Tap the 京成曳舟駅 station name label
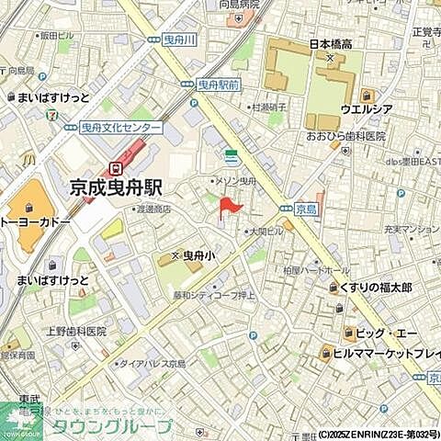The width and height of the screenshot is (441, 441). pos(116,187)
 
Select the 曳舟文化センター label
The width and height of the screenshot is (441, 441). pos(121,128)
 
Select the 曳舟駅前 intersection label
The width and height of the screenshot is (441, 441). pos(217,84)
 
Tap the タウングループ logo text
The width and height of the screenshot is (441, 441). pos(110,426)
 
